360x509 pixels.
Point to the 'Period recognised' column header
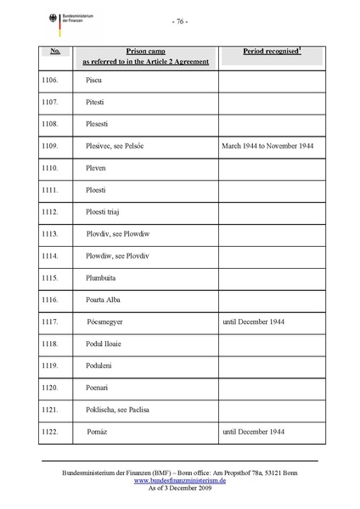pyautogui.click(x=272, y=52)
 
